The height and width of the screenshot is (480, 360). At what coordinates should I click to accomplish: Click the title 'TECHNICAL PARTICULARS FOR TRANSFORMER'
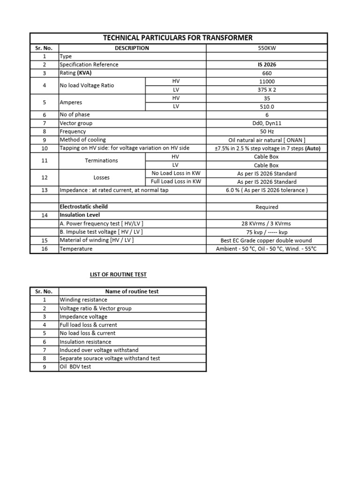[178, 38]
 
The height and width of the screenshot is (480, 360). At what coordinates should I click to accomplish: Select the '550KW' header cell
[267, 48]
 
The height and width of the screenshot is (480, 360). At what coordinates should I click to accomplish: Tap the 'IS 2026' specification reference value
[267, 65]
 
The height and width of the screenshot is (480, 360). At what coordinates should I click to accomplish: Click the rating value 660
[267, 73]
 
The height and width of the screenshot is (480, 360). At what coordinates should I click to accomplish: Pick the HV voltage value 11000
[267, 81]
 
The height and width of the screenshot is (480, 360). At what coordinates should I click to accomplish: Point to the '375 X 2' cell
[267, 90]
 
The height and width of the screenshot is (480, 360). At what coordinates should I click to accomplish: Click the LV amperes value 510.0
[267, 106]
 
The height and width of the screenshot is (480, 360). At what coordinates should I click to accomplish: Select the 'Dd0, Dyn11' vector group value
[267, 123]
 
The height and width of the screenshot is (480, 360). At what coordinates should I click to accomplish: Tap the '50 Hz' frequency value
[267, 131]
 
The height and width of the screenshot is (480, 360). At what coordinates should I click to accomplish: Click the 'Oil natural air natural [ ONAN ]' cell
[267, 140]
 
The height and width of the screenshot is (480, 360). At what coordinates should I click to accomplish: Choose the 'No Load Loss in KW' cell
[176, 173]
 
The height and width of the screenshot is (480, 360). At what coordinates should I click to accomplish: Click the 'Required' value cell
[267, 207]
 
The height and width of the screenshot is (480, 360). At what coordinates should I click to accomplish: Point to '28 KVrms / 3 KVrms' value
[267, 224]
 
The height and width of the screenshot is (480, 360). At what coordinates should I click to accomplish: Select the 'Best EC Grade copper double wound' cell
[267, 240]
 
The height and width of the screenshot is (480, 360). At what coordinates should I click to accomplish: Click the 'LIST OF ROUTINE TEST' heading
[118, 274]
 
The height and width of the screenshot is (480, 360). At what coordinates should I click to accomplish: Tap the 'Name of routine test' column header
[132, 291]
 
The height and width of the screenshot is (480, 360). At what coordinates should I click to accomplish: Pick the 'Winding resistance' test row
[83, 300]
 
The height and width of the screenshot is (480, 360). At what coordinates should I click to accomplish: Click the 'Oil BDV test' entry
[75, 367]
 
